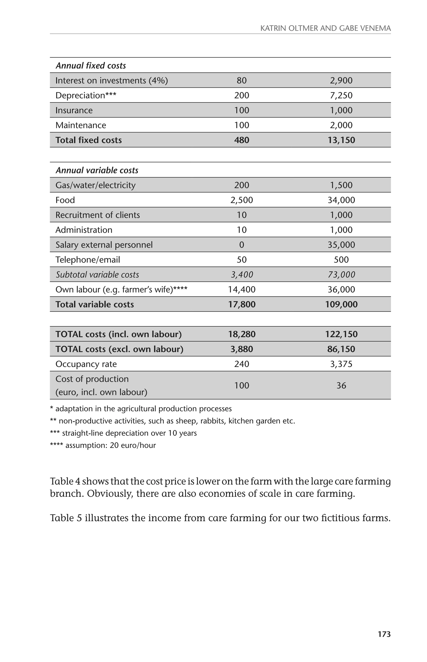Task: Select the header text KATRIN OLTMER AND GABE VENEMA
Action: point(325,28)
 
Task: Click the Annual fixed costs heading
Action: point(91,66)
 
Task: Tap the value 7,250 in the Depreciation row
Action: point(341,95)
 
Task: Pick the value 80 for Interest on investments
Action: point(241,80)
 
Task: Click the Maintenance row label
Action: point(81,125)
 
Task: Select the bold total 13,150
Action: point(341,140)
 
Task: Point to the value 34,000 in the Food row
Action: point(341,200)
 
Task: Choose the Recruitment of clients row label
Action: point(98,215)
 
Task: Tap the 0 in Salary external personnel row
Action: point(241,245)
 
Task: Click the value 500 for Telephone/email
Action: point(341,260)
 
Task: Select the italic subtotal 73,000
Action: point(341,275)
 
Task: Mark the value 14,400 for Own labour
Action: point(241,290)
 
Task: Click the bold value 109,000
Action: point(341,304)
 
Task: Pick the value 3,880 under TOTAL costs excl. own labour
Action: point(241,349)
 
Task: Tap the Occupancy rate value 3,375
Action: point(341,364)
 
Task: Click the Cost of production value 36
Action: point(341,386)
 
